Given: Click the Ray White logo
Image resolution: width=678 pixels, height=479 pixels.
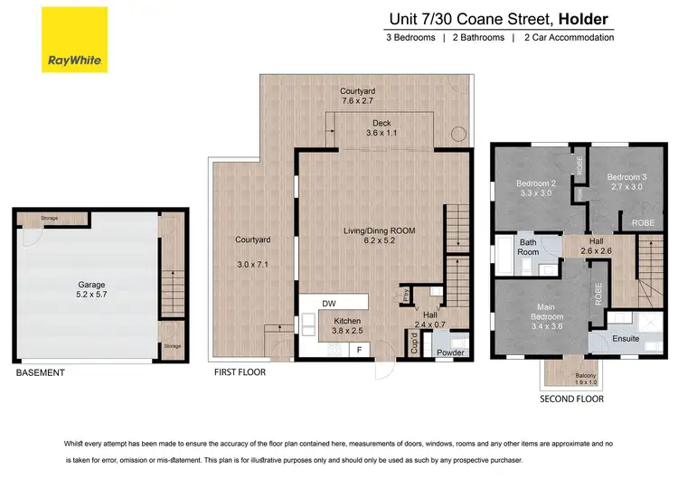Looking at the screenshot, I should click(74, 40).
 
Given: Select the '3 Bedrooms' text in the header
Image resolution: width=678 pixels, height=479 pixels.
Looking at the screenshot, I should click(410, 37).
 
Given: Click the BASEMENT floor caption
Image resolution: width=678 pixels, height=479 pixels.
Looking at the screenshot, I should click(40, 371).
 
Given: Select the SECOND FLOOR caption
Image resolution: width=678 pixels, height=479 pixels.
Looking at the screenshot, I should click(571, 398).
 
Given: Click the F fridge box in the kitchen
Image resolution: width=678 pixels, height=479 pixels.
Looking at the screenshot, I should click(359, 348).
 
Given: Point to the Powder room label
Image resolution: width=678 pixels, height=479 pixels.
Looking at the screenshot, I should click(449, 352).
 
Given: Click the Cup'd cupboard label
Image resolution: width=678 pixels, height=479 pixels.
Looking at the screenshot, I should click(414, 344).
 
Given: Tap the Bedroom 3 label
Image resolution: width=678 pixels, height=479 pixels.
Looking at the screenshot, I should click(626, 182).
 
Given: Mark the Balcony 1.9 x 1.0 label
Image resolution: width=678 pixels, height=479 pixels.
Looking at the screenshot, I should click(560, 379).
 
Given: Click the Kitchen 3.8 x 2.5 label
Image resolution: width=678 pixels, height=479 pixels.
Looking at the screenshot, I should click(348, 325).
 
